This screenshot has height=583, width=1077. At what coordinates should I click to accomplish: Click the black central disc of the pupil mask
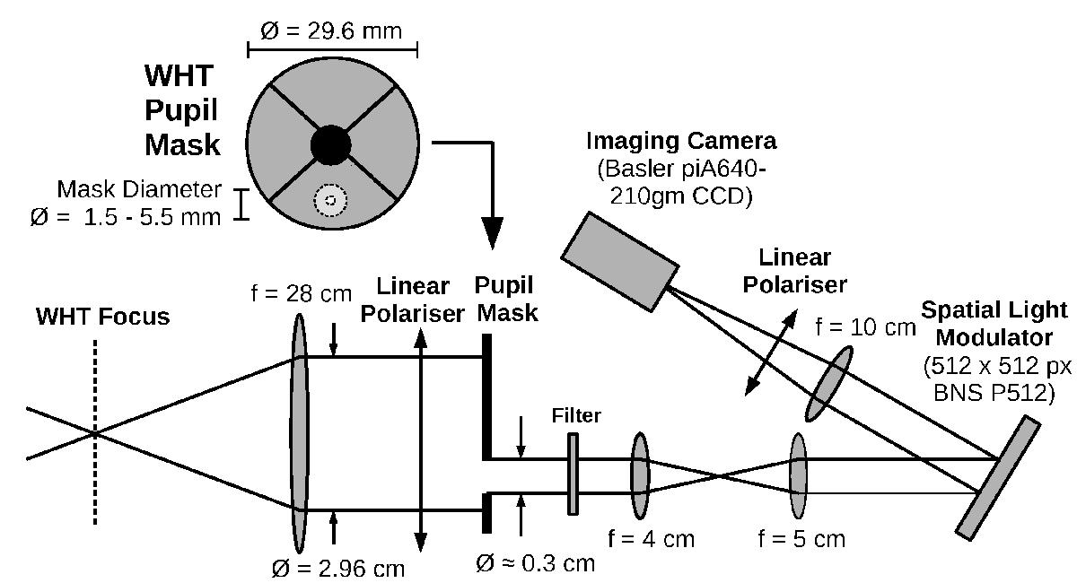[331, 144]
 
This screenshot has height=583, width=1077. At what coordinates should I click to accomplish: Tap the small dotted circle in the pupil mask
[331, 200]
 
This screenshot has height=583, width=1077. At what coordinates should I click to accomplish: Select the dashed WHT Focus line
[94, 431]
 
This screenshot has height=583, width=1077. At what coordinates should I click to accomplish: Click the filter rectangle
[573, 474]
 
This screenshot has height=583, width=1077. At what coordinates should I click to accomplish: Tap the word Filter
[577, 415]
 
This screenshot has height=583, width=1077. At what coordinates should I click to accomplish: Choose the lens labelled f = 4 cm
[640, 476]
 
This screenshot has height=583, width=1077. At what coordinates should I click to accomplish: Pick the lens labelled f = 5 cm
[798, 476]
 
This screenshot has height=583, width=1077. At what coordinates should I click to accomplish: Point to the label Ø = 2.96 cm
[337, 568]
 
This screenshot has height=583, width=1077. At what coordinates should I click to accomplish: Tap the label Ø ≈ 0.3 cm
[535, 562]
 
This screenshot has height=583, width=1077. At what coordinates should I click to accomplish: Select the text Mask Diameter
[138, 189]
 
